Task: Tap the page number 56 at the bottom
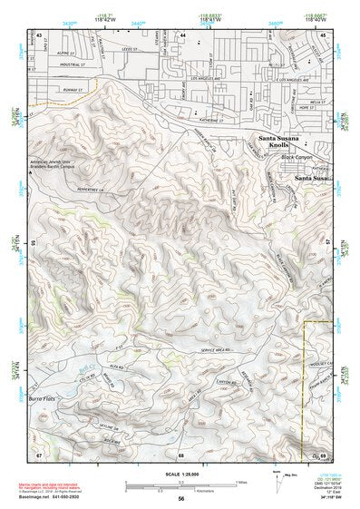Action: (x=181, y=498)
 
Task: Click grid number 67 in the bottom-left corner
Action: (x=39, y=451)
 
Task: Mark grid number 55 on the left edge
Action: (x=34, y=243)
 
